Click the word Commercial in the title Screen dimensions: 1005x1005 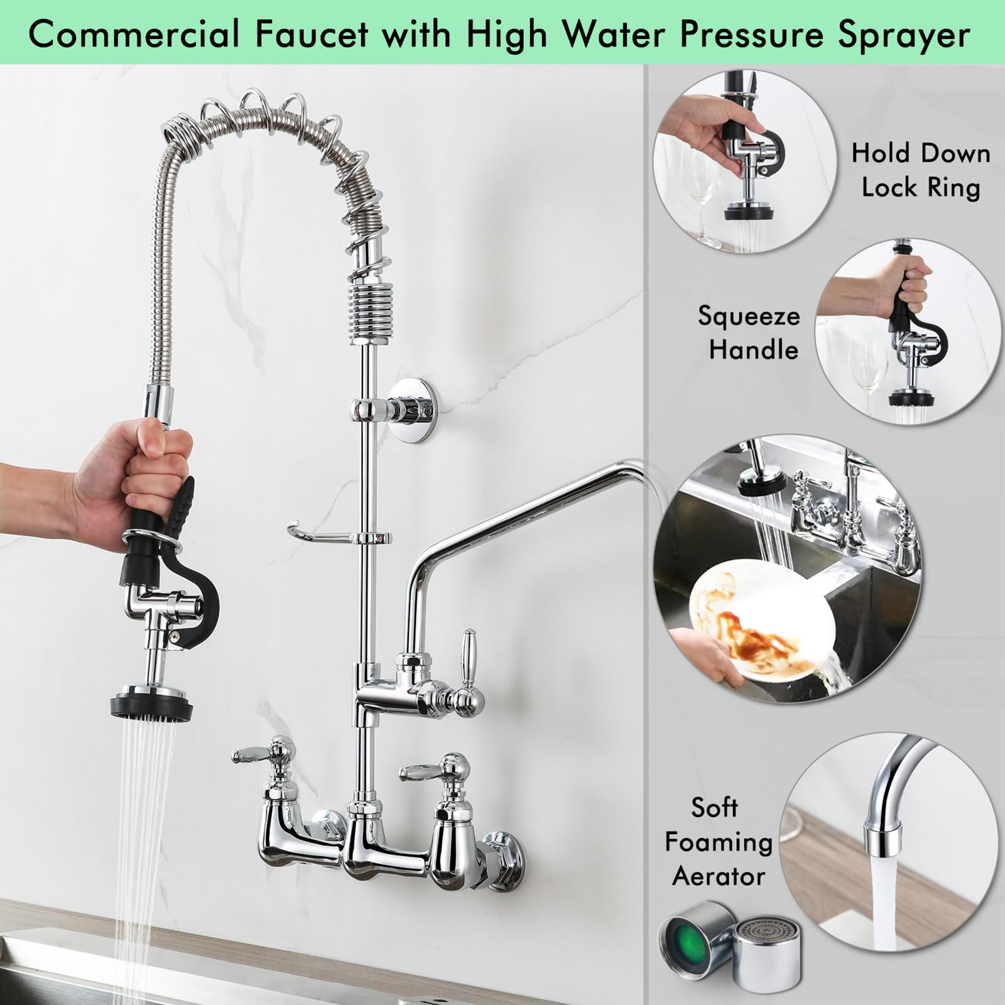(134, 35)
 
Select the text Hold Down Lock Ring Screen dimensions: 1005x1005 (920, 170)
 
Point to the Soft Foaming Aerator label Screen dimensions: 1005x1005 (718, 842)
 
